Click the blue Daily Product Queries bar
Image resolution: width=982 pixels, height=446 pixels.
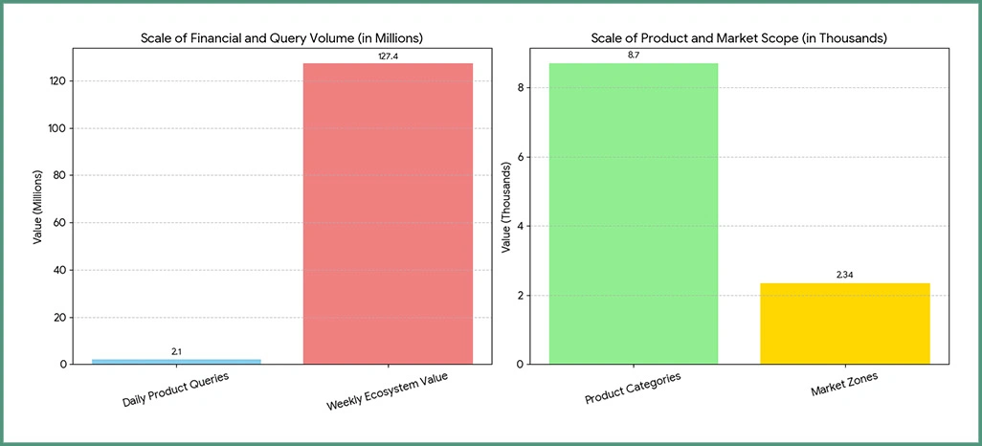pyautogui.click(x=176, y=361)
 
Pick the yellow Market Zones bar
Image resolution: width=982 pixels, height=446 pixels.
pyautogui.click(x=844, y=323)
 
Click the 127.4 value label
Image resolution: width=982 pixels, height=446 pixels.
pyautogui.click(x=388, y=56)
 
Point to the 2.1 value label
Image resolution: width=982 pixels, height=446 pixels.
pyautogui.click(x=176, y=352)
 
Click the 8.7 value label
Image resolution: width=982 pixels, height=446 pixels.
pyautogui.click(x=633, y=56)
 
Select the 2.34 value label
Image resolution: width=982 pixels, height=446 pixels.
pyautogui.click(x=844, y=276)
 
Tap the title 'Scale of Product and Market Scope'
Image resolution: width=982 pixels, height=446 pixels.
pyautogui.click(x=738, y=38)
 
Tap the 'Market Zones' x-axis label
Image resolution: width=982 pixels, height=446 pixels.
pyautogui.click(x=845, y=385)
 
